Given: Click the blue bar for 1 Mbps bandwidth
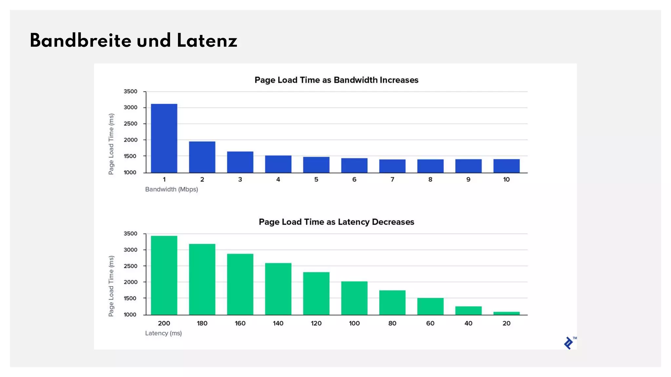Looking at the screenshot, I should coord(164,138).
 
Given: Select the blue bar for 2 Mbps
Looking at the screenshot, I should coord(202,157).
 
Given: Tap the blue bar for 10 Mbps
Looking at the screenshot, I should coord(506,166).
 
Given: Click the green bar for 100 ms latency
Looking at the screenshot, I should coord(354,298).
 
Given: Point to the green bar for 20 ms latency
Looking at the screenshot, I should coord(506,313).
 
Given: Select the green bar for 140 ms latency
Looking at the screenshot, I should coord(278,289).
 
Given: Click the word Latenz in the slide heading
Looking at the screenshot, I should coord(207,41).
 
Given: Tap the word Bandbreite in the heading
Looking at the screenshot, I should coord(80,41).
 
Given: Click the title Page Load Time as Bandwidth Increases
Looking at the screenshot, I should coord(336,80).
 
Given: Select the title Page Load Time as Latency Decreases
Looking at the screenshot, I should coord(336,222).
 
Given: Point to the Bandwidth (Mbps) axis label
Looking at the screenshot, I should coord(171,189).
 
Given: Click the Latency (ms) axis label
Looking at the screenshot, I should coord(163,333).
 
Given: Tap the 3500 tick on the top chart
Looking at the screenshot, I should coord(130,92).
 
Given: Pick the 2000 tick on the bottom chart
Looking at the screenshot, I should coord(130,282).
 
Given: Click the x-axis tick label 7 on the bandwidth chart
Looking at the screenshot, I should coord(392,179).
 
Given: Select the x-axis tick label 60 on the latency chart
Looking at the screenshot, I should coord(430,323).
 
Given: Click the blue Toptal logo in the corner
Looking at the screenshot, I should coord(569,343).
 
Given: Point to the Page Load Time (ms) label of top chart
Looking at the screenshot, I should coord(111,144).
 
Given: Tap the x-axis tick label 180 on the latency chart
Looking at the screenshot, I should coord(202,323).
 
